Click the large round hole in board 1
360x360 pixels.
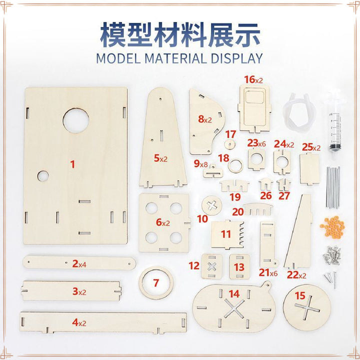tap(76, 120)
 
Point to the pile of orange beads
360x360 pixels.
tap(332, 227)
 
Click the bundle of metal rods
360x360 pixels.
tap(332, 187)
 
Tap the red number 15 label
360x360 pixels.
tap(300, 295)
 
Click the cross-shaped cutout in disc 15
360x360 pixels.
tap(307, 307)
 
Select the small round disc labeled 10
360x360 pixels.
tap(212, 205)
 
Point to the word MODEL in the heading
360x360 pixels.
tap(118, 58)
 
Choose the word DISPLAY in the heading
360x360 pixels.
tap(236, 58)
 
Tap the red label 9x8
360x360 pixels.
tap(200, 163)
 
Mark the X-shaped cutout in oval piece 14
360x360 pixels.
tap(234, 309)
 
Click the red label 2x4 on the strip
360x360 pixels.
tap(79, 264)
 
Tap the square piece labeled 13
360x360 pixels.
tap(239, 266)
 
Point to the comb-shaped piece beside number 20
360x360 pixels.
tap(258, 209)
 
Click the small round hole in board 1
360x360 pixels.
tap(43, 176)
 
